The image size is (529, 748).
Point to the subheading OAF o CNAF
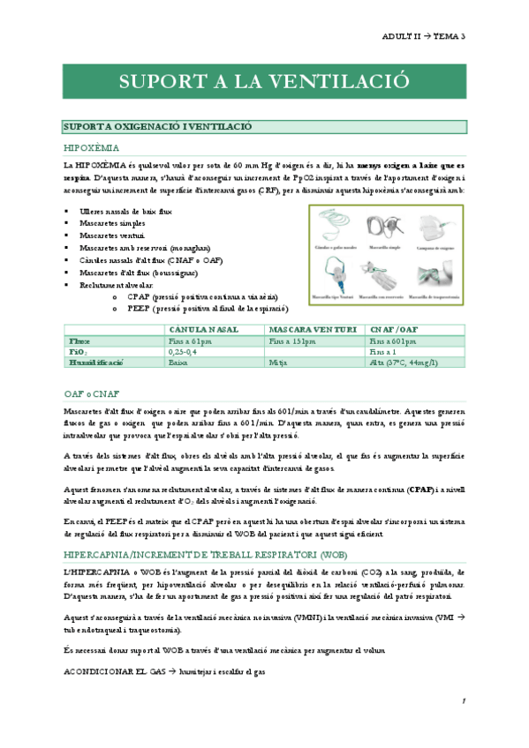click(92, 393)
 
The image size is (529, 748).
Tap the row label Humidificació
click(96, 363)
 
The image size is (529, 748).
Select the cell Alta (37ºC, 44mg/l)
click(407, 363)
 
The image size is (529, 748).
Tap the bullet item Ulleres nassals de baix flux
click(126, 212)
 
